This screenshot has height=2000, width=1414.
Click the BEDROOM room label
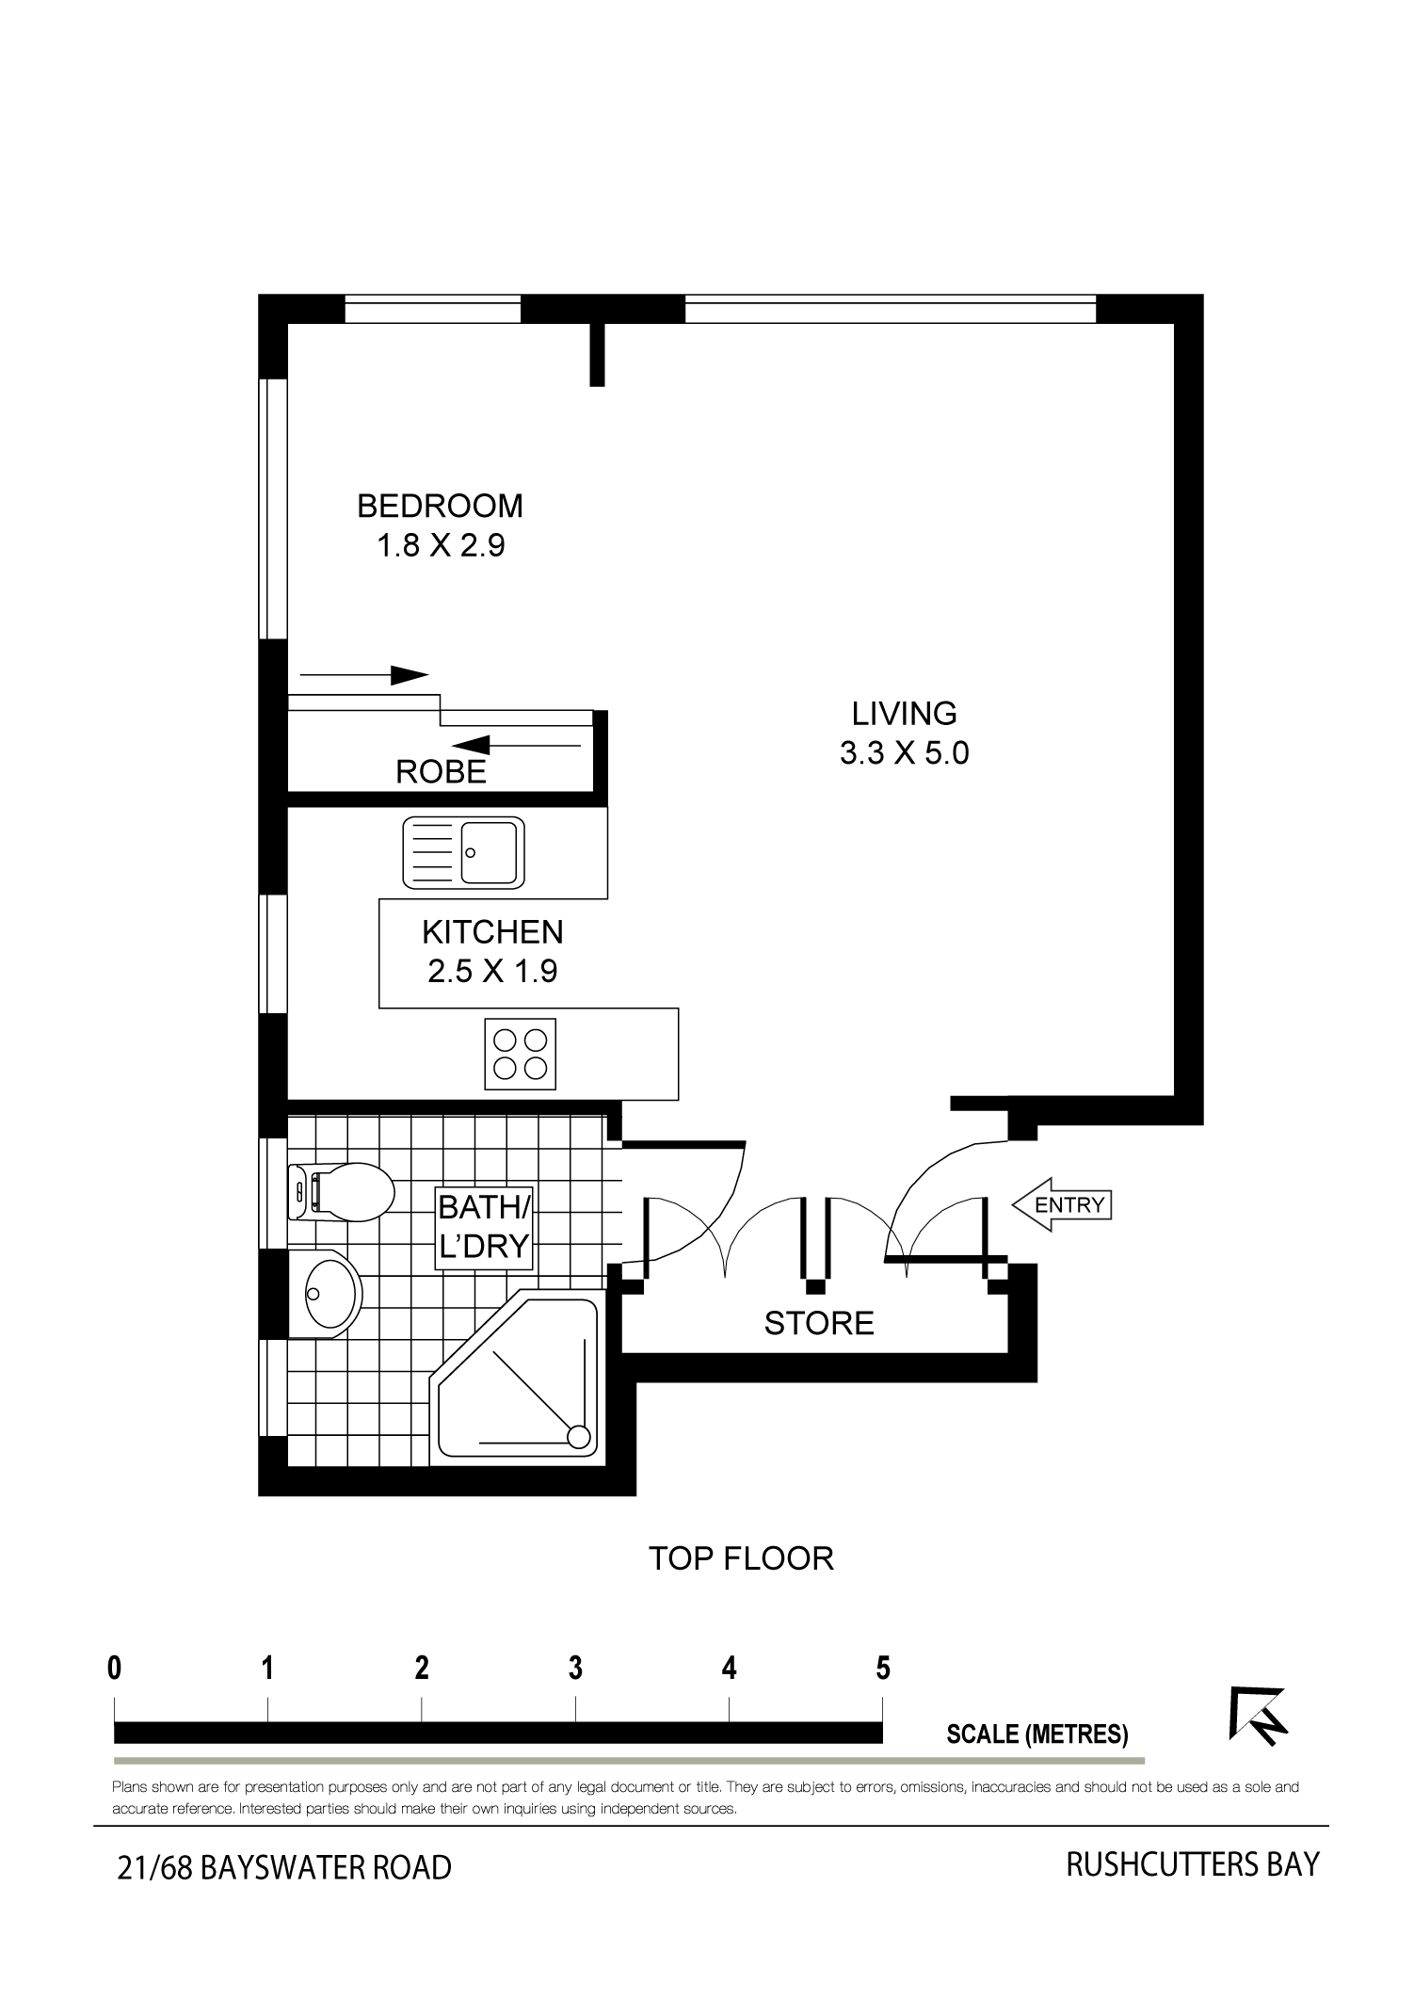click(440, 506)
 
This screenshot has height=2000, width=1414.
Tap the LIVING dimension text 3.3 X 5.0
click(904, 753)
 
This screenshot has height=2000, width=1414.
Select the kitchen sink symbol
click(464, 853)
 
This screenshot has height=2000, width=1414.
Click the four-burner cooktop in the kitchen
click(521, 1054)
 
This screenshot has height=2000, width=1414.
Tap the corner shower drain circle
click(579, 1437)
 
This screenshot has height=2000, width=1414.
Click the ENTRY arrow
click(1062, 1204)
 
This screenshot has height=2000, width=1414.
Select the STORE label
click(819, 1323)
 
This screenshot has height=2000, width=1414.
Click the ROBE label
click(441, 772)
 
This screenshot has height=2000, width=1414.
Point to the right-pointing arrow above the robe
click(363, 674)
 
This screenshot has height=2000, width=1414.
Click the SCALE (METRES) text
click(1037, 1734)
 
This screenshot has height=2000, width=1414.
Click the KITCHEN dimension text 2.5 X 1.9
click(492, 971)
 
